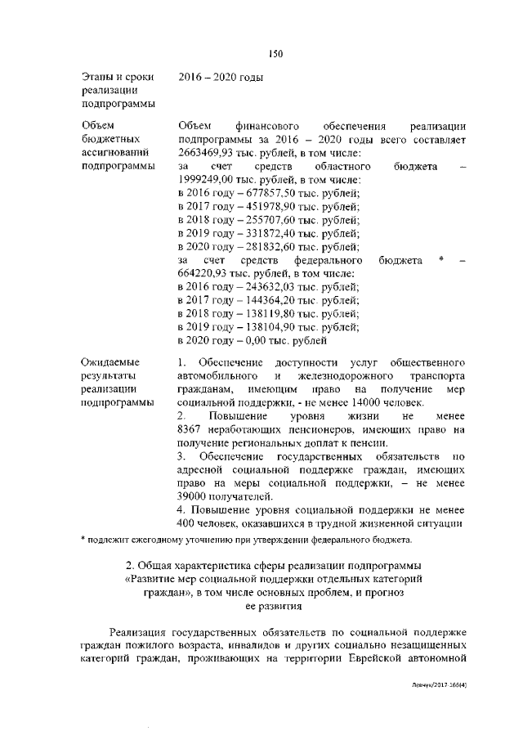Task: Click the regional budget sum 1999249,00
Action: [x=205, y=180]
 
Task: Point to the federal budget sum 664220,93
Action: [x=202, y=273]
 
